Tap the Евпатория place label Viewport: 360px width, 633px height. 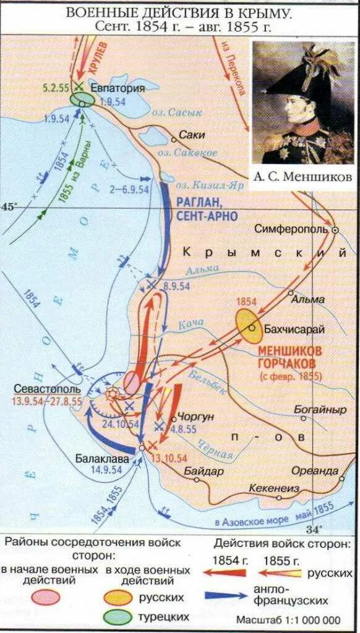click(118, 88)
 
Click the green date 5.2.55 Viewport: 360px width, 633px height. click(56, 87)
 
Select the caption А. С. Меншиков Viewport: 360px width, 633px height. click(303, 177)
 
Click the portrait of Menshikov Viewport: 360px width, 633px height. click(303, 102)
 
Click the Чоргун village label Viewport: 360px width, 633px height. click(195, 417)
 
